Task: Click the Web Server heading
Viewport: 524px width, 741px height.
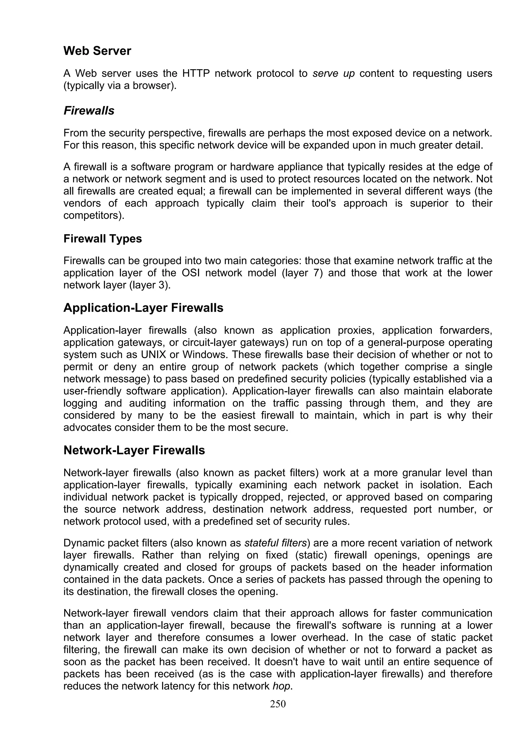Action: [x=97, y=51]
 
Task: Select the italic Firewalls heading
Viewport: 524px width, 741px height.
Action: [x=89, y=111]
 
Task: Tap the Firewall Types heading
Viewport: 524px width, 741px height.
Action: [x=102, y=239]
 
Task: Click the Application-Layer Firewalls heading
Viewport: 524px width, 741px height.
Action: [x=143, y=308]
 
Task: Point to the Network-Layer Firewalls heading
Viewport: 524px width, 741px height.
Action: [x=134, y=450]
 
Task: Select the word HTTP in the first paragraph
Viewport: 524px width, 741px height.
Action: [x=196, y=74]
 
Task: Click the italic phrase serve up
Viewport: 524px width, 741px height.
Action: [x=334, y=74]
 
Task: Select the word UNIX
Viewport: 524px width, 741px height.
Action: [x=153, y=355]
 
